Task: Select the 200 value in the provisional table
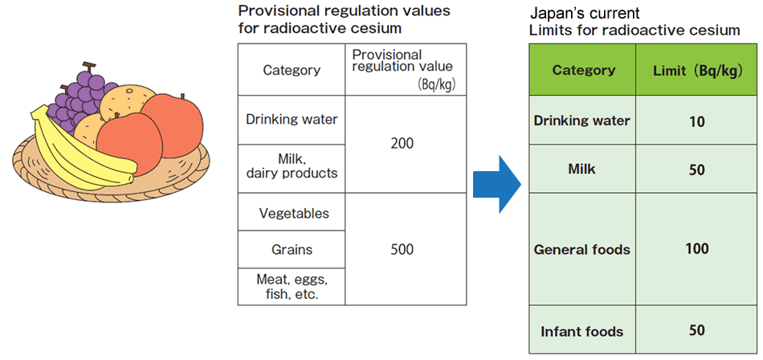[402, 144]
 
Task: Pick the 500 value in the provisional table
[402, 249]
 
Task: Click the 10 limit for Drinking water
[696, 121]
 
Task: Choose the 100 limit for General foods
[696, 249]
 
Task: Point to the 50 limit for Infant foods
[696, 331]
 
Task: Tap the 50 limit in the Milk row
[696, 170]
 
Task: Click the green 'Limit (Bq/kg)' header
[696, 70]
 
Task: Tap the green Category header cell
[583, 70]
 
